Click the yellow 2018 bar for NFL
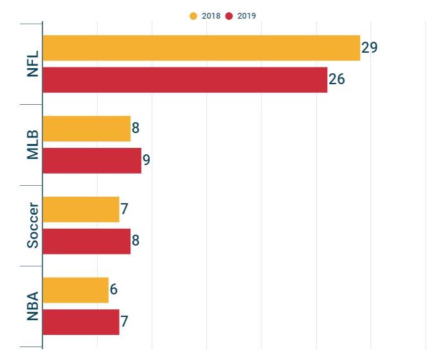tap(201, 48)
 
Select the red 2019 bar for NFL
tap(184, 80)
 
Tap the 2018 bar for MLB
tap(86, 129)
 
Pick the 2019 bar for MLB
tap(92, 161)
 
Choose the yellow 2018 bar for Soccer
tap(81, 210)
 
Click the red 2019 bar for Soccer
tap(86, 241)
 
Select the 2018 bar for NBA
tap(75, 290)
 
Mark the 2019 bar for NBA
tap(81, 322)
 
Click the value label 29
tap(369, 48)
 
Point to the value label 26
tap(337, 80)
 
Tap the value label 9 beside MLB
tap(147, 160)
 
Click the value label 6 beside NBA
tap(113, 290)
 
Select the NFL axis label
tap(33, 64)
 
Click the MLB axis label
tap(33, 145)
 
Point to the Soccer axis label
tap(33, 225)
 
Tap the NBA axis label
tap(33, 306)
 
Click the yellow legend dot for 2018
tap(194, 16)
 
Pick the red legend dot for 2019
tap(230, 16)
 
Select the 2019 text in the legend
tap(247, 16)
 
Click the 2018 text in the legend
tap(211, 16)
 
